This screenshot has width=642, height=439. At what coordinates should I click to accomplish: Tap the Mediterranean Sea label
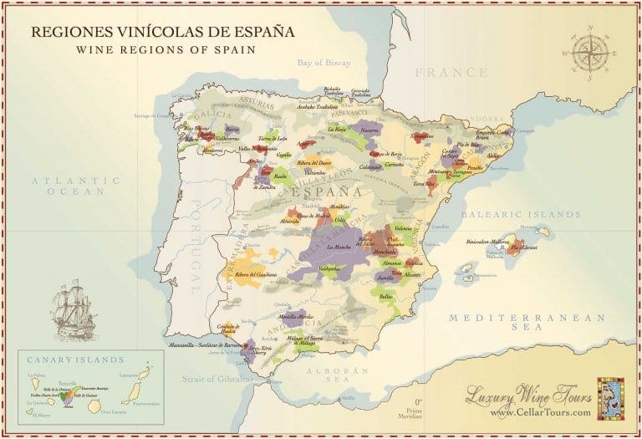click(526, 324)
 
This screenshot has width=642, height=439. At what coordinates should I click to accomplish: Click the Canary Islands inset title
click(74, 360)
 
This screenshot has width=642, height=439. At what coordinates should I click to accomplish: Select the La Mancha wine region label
click(339, 248)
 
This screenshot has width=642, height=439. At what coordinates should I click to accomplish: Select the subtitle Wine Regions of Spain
click(162, 49)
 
